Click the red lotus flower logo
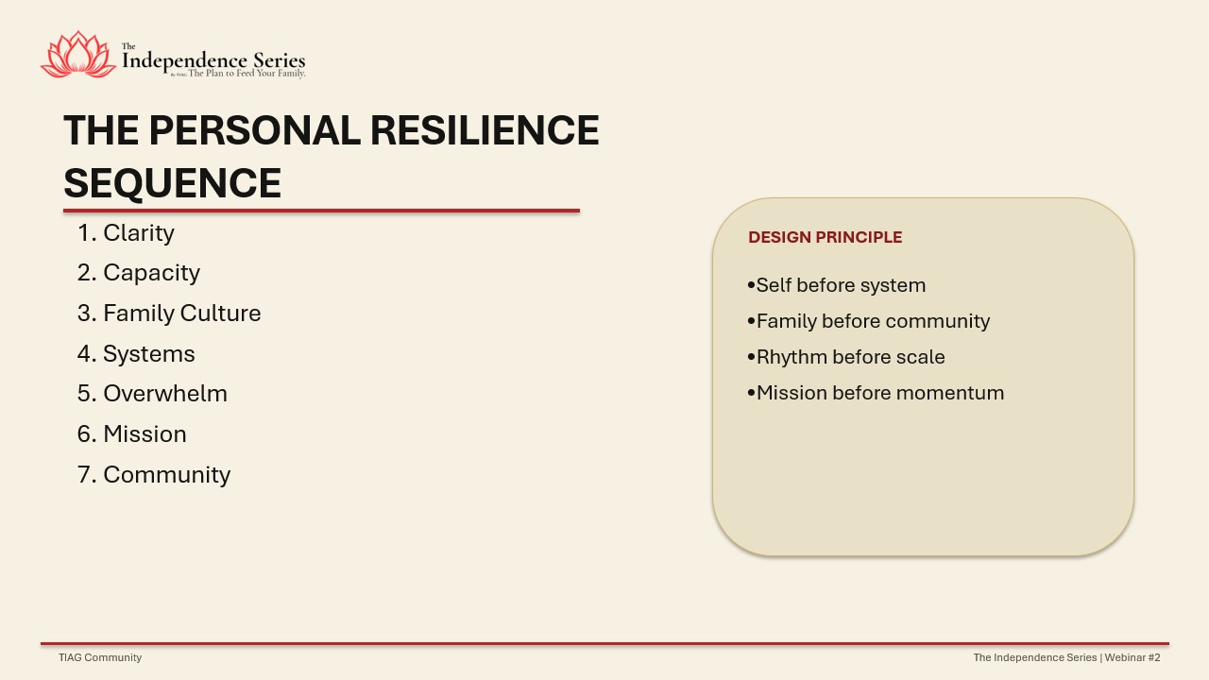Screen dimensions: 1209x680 point(78,55)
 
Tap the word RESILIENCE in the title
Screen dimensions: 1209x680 point(485,130)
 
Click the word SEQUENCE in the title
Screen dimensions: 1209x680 point(172,183)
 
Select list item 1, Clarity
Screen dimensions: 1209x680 point(126,233)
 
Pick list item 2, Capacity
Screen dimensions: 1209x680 point(139,273)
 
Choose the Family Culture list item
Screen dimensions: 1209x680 point(169,313)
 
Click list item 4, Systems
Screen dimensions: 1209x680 point(136,354)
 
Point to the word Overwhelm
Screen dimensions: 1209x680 point(165,394)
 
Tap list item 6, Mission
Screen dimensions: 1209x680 point(131,433)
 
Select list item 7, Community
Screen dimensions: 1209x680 point(154,475)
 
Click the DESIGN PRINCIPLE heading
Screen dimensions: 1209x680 point(826,237)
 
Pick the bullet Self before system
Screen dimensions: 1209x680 point(837,285)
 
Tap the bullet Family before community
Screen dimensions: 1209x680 point(869,322)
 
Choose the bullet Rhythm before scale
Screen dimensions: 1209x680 point(846,357)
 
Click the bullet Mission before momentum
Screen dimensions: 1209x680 point(876,393)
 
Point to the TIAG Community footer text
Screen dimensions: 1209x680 point(100,657)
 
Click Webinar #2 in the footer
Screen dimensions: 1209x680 point(1132,657)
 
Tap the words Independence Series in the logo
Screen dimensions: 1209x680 point(213,60)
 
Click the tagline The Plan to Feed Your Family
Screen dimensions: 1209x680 point(247,74)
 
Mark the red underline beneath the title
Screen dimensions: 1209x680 point(322,211)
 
